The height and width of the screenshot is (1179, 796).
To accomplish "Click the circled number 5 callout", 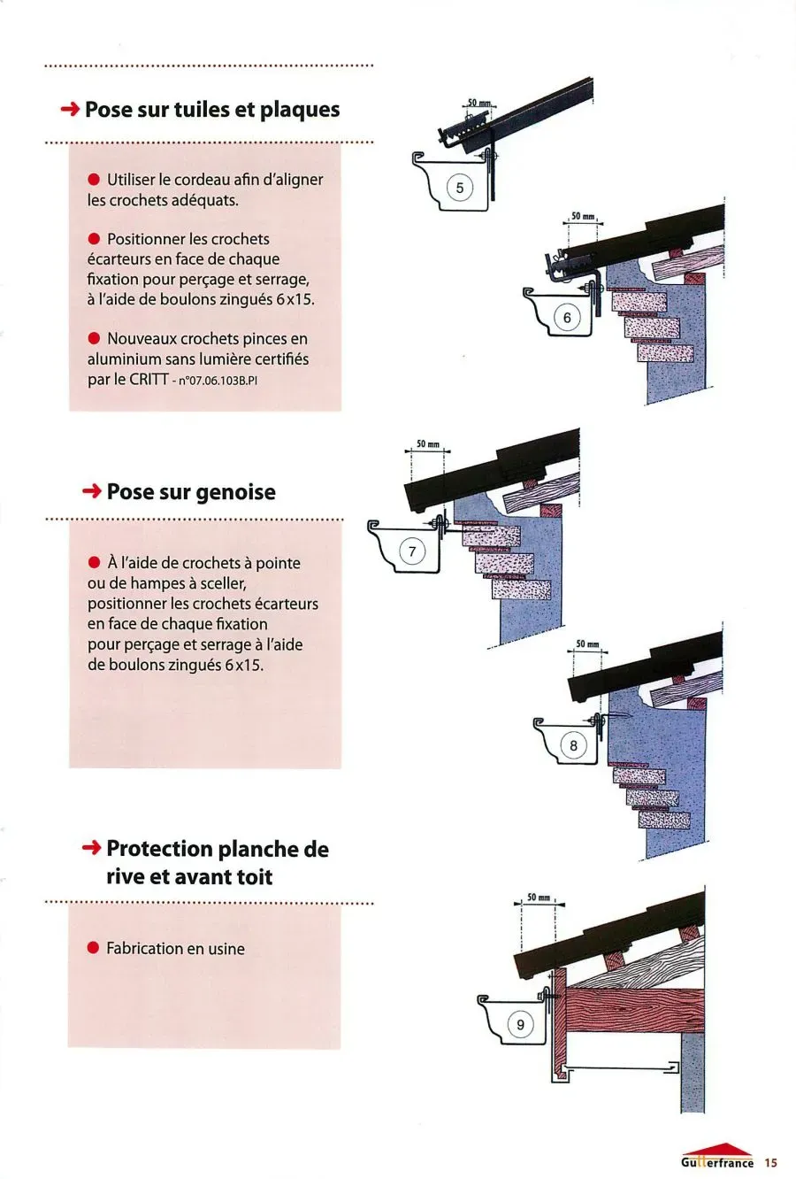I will pyautogui.click(x=459, y=188).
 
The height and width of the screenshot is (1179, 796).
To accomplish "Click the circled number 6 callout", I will pyautogui.click(x=567, y=318).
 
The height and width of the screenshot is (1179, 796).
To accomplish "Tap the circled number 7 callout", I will pyautogui.click(x=412, y=552).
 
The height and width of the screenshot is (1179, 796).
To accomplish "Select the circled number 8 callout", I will pyautogui.click(x=573, y=745).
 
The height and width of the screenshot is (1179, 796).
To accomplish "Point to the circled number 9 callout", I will pyautogui.click(x=520, y=1025).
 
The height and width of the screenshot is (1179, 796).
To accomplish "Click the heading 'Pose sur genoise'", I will pyautogui.click(x=190, y=492).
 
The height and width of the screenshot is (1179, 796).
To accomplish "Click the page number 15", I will pyautogui.click(x=770, y=1162).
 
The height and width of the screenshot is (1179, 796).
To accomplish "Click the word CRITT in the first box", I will pyautogui.click(x=149, y=380).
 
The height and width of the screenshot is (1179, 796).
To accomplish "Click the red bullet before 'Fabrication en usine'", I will pyautogui.click(x=93, y=949).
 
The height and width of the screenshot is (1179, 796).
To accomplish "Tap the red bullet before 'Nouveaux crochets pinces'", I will pyautogui.click(x=94, y=339).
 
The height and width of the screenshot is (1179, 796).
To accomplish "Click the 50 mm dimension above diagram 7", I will pyautogui.click(x=427, y=443).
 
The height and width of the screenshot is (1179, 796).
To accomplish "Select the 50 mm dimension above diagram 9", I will pyautogui.click(x=539, y=898).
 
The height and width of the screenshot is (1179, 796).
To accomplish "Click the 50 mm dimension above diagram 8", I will pyautogui.click(x=587, y=643).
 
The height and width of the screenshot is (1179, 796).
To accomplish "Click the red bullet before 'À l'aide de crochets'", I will pyautogui.click(x=94, y=563).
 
